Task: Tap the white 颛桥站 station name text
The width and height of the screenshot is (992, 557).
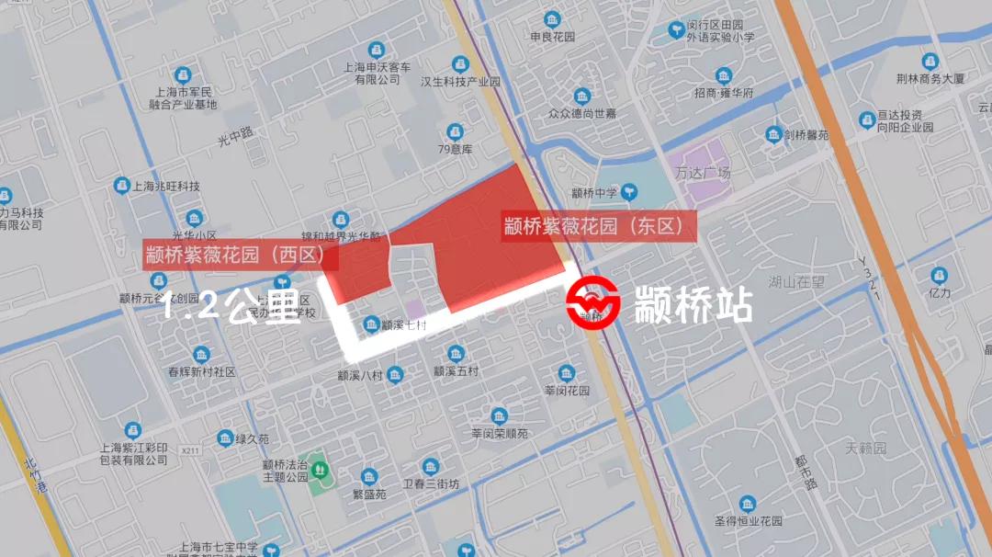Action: point(693,304)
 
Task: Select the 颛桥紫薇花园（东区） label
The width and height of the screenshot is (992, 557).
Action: point(597,225)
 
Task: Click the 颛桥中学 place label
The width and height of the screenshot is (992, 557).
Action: point(594,193)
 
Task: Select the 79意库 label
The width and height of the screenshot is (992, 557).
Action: point(455,148)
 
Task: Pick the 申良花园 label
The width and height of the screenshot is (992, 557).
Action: point(552,37)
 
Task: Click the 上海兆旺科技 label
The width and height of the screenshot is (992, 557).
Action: point(166,186)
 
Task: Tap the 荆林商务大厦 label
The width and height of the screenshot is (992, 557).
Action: point(930,78)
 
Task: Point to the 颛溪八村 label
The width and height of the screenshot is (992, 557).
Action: point(359,375)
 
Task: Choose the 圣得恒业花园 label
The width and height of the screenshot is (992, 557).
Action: point(748,520)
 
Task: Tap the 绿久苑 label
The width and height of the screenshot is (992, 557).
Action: point(251,439)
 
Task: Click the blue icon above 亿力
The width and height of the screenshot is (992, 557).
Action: point(939,276)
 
